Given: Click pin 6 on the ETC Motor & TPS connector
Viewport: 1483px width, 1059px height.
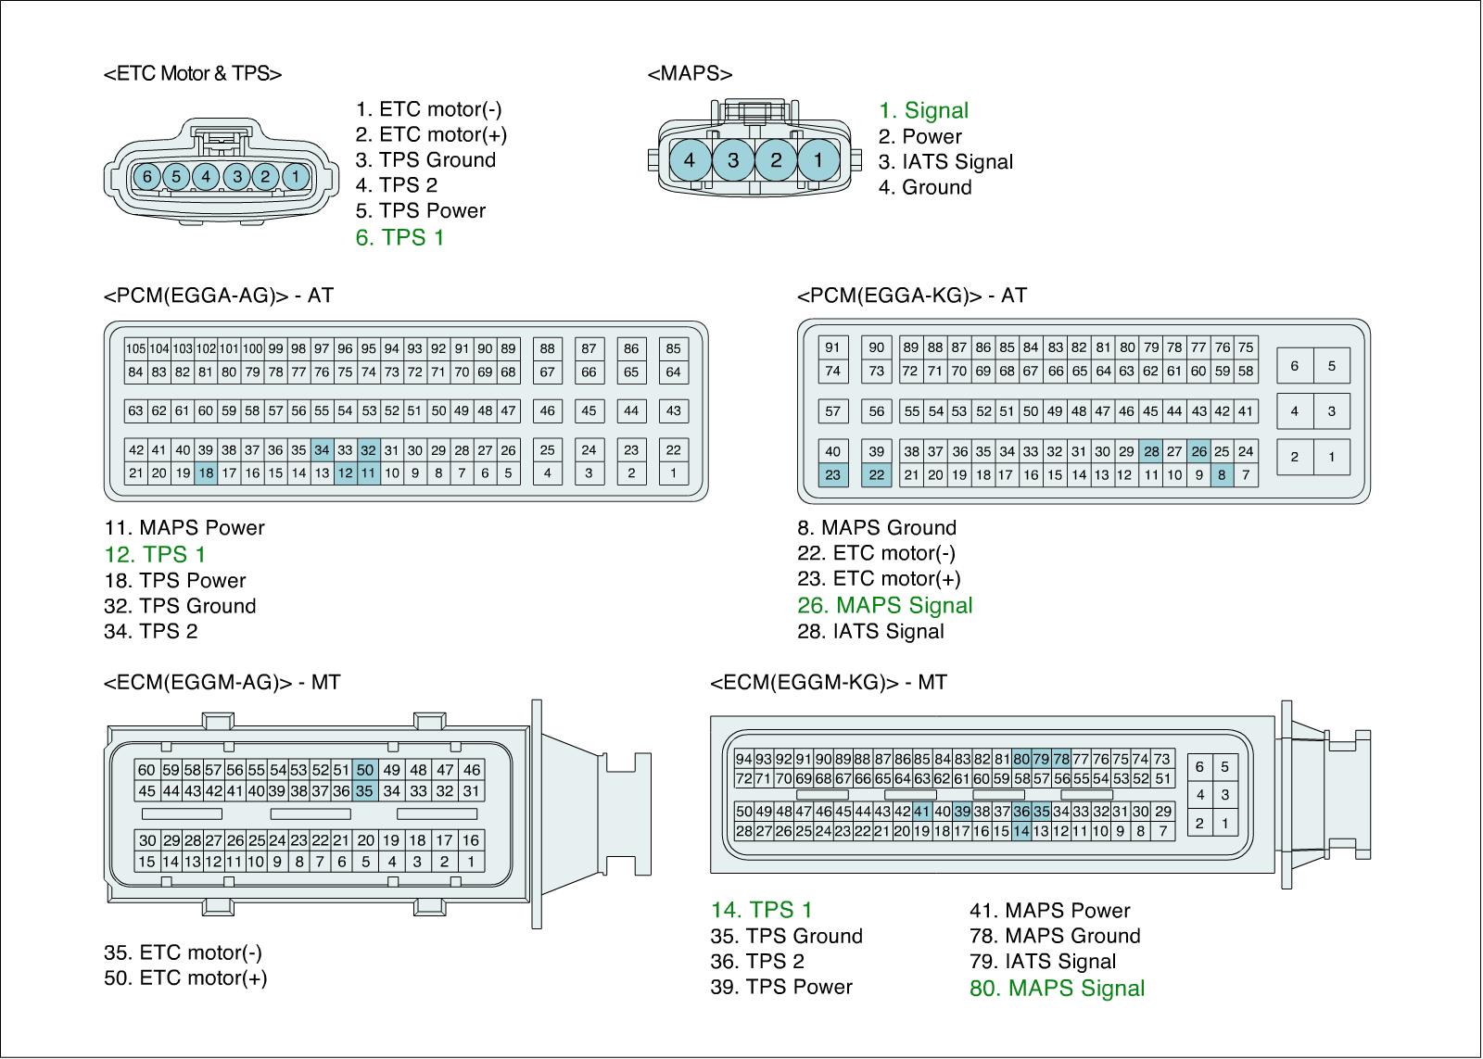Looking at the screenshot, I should coord(146,176).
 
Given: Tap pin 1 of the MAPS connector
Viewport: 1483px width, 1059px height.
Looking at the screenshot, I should coord(818,160).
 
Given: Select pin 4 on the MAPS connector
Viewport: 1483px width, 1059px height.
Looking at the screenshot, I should coord(690,160).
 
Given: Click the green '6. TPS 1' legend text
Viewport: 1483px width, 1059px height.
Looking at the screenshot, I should coord(399,237).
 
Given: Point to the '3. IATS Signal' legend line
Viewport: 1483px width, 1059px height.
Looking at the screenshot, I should coord(945,161).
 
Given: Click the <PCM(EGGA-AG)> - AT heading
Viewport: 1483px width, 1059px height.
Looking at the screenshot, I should coord(219,296).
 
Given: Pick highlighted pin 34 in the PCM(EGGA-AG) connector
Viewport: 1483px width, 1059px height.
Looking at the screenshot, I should coord(322,450).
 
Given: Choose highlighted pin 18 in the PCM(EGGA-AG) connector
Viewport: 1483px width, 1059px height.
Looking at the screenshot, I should coord(206,473).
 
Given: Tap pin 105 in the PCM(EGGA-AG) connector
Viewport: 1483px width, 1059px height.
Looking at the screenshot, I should coord(136,348).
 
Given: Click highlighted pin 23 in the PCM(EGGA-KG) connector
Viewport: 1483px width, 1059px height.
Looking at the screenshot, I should coord(832,474).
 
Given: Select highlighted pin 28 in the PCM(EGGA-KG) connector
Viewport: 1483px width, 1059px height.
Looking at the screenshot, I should coord(1151,451).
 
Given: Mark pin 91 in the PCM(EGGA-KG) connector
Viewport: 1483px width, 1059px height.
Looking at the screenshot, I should coord(832,347).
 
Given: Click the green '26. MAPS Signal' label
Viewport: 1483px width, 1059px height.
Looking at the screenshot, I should coord(885,605).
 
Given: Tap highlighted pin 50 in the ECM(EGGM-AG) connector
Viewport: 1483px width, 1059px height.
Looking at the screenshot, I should coord(365,769).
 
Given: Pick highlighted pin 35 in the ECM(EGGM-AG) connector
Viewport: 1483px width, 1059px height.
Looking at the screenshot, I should coord(365,790).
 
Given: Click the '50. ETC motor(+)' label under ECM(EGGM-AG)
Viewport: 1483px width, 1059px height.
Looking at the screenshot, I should coord(185,977).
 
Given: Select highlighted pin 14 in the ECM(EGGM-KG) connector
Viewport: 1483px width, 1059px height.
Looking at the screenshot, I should coord(1020,831).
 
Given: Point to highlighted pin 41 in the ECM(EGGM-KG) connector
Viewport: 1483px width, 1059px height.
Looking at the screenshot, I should coord(921,811).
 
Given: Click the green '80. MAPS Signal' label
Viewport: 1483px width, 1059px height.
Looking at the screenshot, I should coord(1057,988).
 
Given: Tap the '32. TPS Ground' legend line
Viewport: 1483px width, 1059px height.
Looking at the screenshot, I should coord(180,606).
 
